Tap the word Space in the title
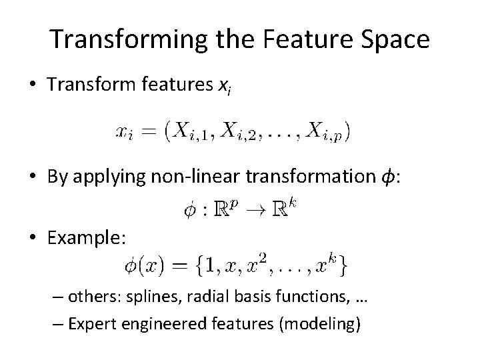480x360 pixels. [x=397, y=41]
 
